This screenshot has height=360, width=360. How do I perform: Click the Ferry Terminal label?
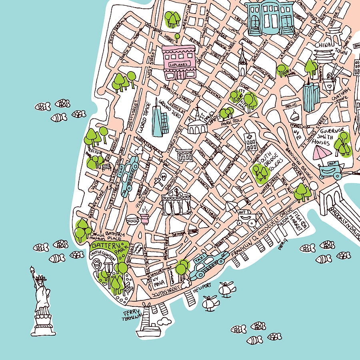132,314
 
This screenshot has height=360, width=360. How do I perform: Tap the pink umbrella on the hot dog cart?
322,152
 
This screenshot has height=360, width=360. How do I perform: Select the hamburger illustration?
132,219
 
